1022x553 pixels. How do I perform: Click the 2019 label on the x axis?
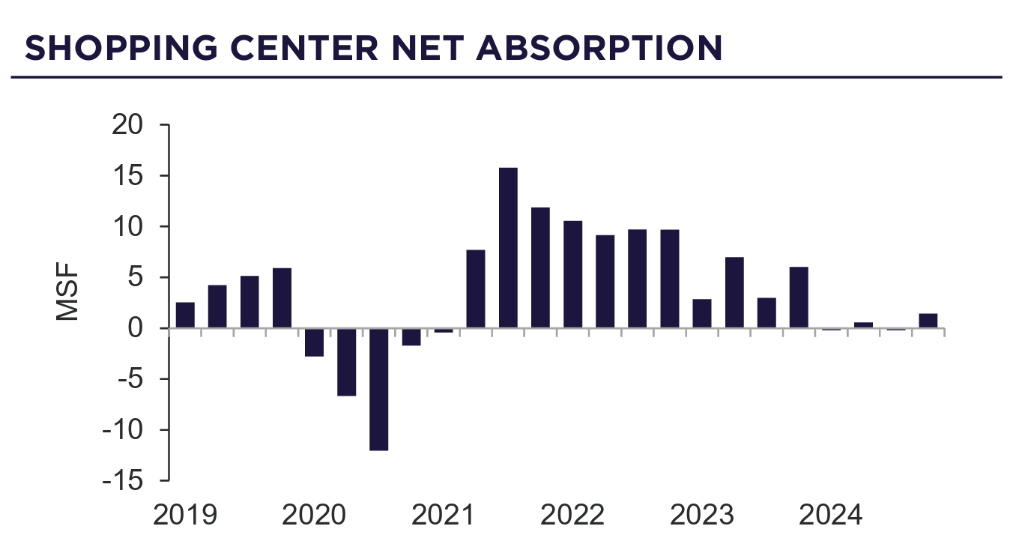pyautogui.click(x=185, y=516)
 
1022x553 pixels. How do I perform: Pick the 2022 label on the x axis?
pyautogui.click(x=572, y=516)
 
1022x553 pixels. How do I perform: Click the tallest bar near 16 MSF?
pyautogui.click(x=508, y=247)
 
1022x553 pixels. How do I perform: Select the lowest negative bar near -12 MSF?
pyautogui.click(x=379, y=389)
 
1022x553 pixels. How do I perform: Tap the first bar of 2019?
pyautogui.click(x=185, y=315)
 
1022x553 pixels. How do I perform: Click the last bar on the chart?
pyautogui.click(x=928, y=321)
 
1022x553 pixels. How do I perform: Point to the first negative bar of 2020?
pyautogui.click(x=315, y=342)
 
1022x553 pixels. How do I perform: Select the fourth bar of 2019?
pyautogui.click(x=282, y=298)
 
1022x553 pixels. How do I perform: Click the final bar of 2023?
pyautogui.click(x=799, y=297)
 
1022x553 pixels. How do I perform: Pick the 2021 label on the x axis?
pyautogui.click(x=444, y=516)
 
